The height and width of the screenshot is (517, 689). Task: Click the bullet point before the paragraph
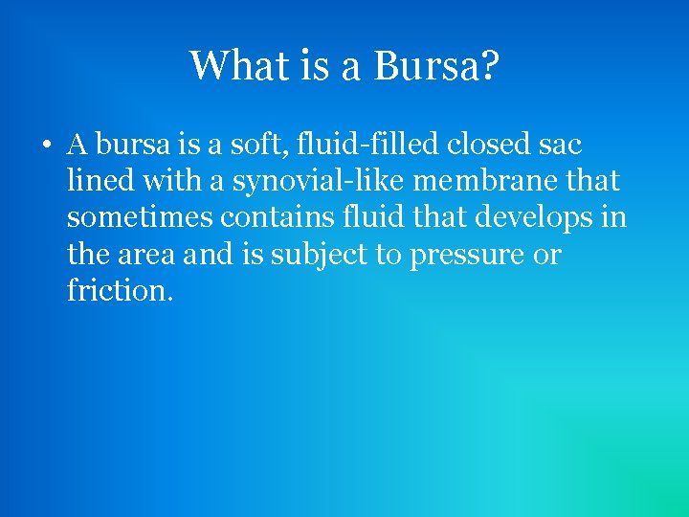tap(45, 146)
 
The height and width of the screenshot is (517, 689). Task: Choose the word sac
tap(562, 146)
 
